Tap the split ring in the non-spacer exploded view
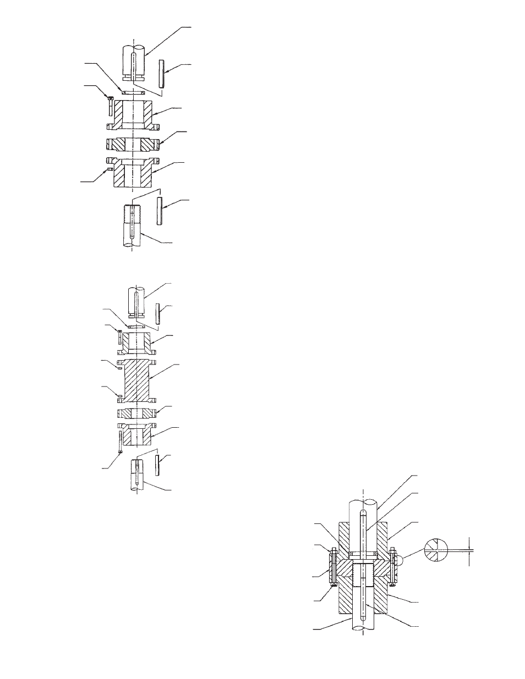132,93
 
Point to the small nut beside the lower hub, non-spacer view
110,169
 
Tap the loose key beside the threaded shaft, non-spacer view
160,211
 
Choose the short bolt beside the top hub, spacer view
118,336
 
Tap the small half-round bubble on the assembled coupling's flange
402,560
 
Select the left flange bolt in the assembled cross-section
332,566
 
